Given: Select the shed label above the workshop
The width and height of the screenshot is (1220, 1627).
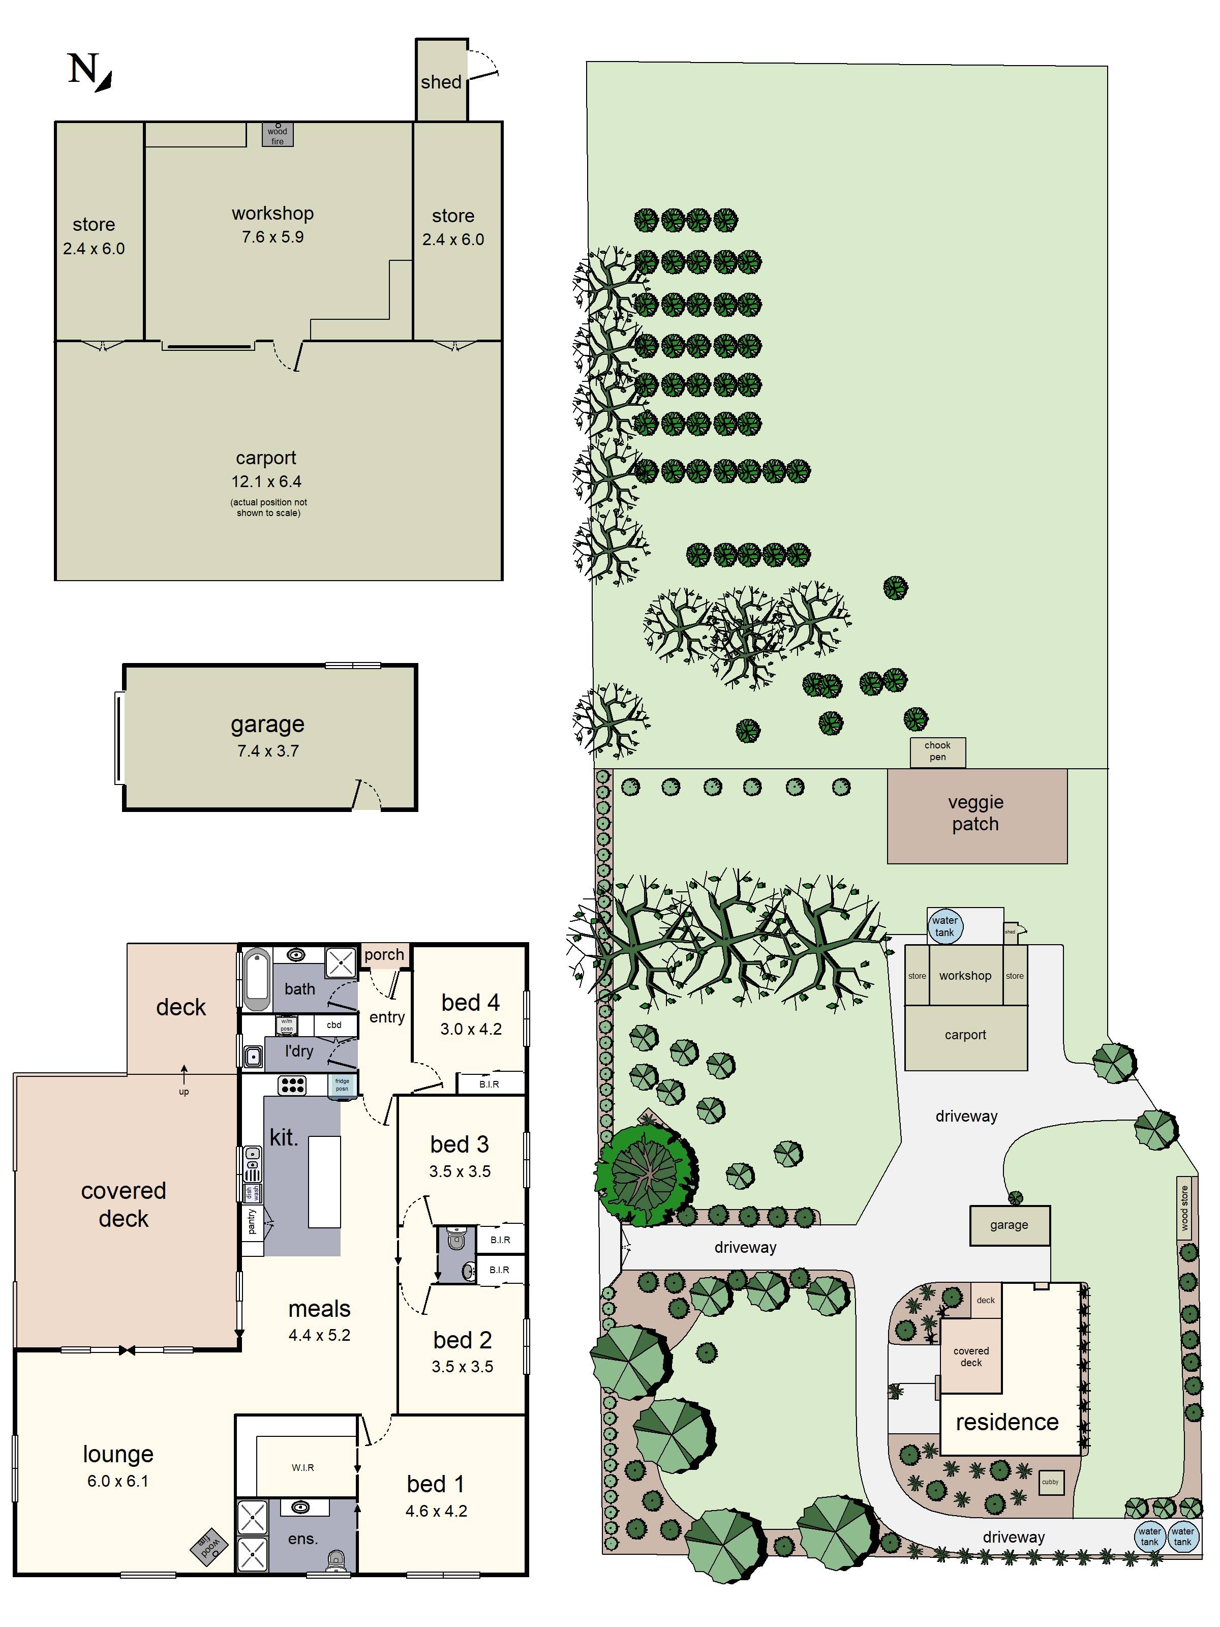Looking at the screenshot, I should [441, 82].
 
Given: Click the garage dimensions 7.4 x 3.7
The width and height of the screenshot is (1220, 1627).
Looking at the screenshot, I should [268, 751].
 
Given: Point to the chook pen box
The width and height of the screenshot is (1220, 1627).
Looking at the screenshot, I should [937, 751].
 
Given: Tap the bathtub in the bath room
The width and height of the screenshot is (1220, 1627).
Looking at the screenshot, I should [256, 979].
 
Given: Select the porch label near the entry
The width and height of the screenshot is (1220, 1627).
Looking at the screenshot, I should [384, 955].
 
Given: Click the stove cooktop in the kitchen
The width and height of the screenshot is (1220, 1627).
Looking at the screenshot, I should [292, 1085].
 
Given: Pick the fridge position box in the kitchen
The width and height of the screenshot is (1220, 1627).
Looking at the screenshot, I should [342, 1086].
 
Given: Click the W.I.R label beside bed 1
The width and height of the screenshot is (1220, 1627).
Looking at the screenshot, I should [302, 1467].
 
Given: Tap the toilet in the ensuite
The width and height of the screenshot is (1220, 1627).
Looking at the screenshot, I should [335, 1559].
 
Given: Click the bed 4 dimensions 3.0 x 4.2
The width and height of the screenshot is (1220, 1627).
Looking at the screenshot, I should [471, 1029].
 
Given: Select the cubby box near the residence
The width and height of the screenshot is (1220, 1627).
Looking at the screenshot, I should [1050, 1482].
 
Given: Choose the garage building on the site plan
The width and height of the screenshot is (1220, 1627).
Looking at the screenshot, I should [1009, 1225].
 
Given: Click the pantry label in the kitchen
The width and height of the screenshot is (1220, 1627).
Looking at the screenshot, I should [252, 1222].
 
